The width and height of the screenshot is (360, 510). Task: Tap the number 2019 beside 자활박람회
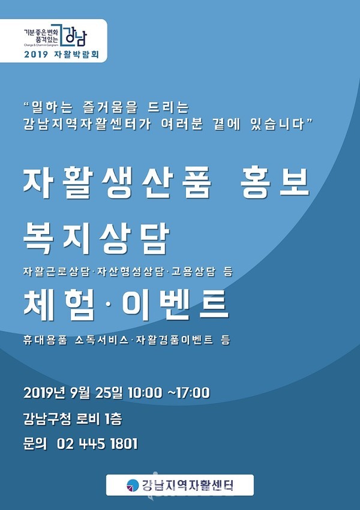click(36, 55)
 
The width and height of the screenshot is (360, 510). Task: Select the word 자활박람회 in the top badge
click(76, 55)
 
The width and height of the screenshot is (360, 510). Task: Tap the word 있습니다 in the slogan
click(277, 124)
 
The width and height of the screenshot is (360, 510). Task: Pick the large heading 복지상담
click(97, 239)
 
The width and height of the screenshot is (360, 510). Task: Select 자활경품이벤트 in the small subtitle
click(175, 340)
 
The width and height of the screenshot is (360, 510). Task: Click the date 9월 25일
click(97, 393)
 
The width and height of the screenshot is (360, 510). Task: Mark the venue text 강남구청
click(47, 419)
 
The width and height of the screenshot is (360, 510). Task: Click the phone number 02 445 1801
click(97, 444)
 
